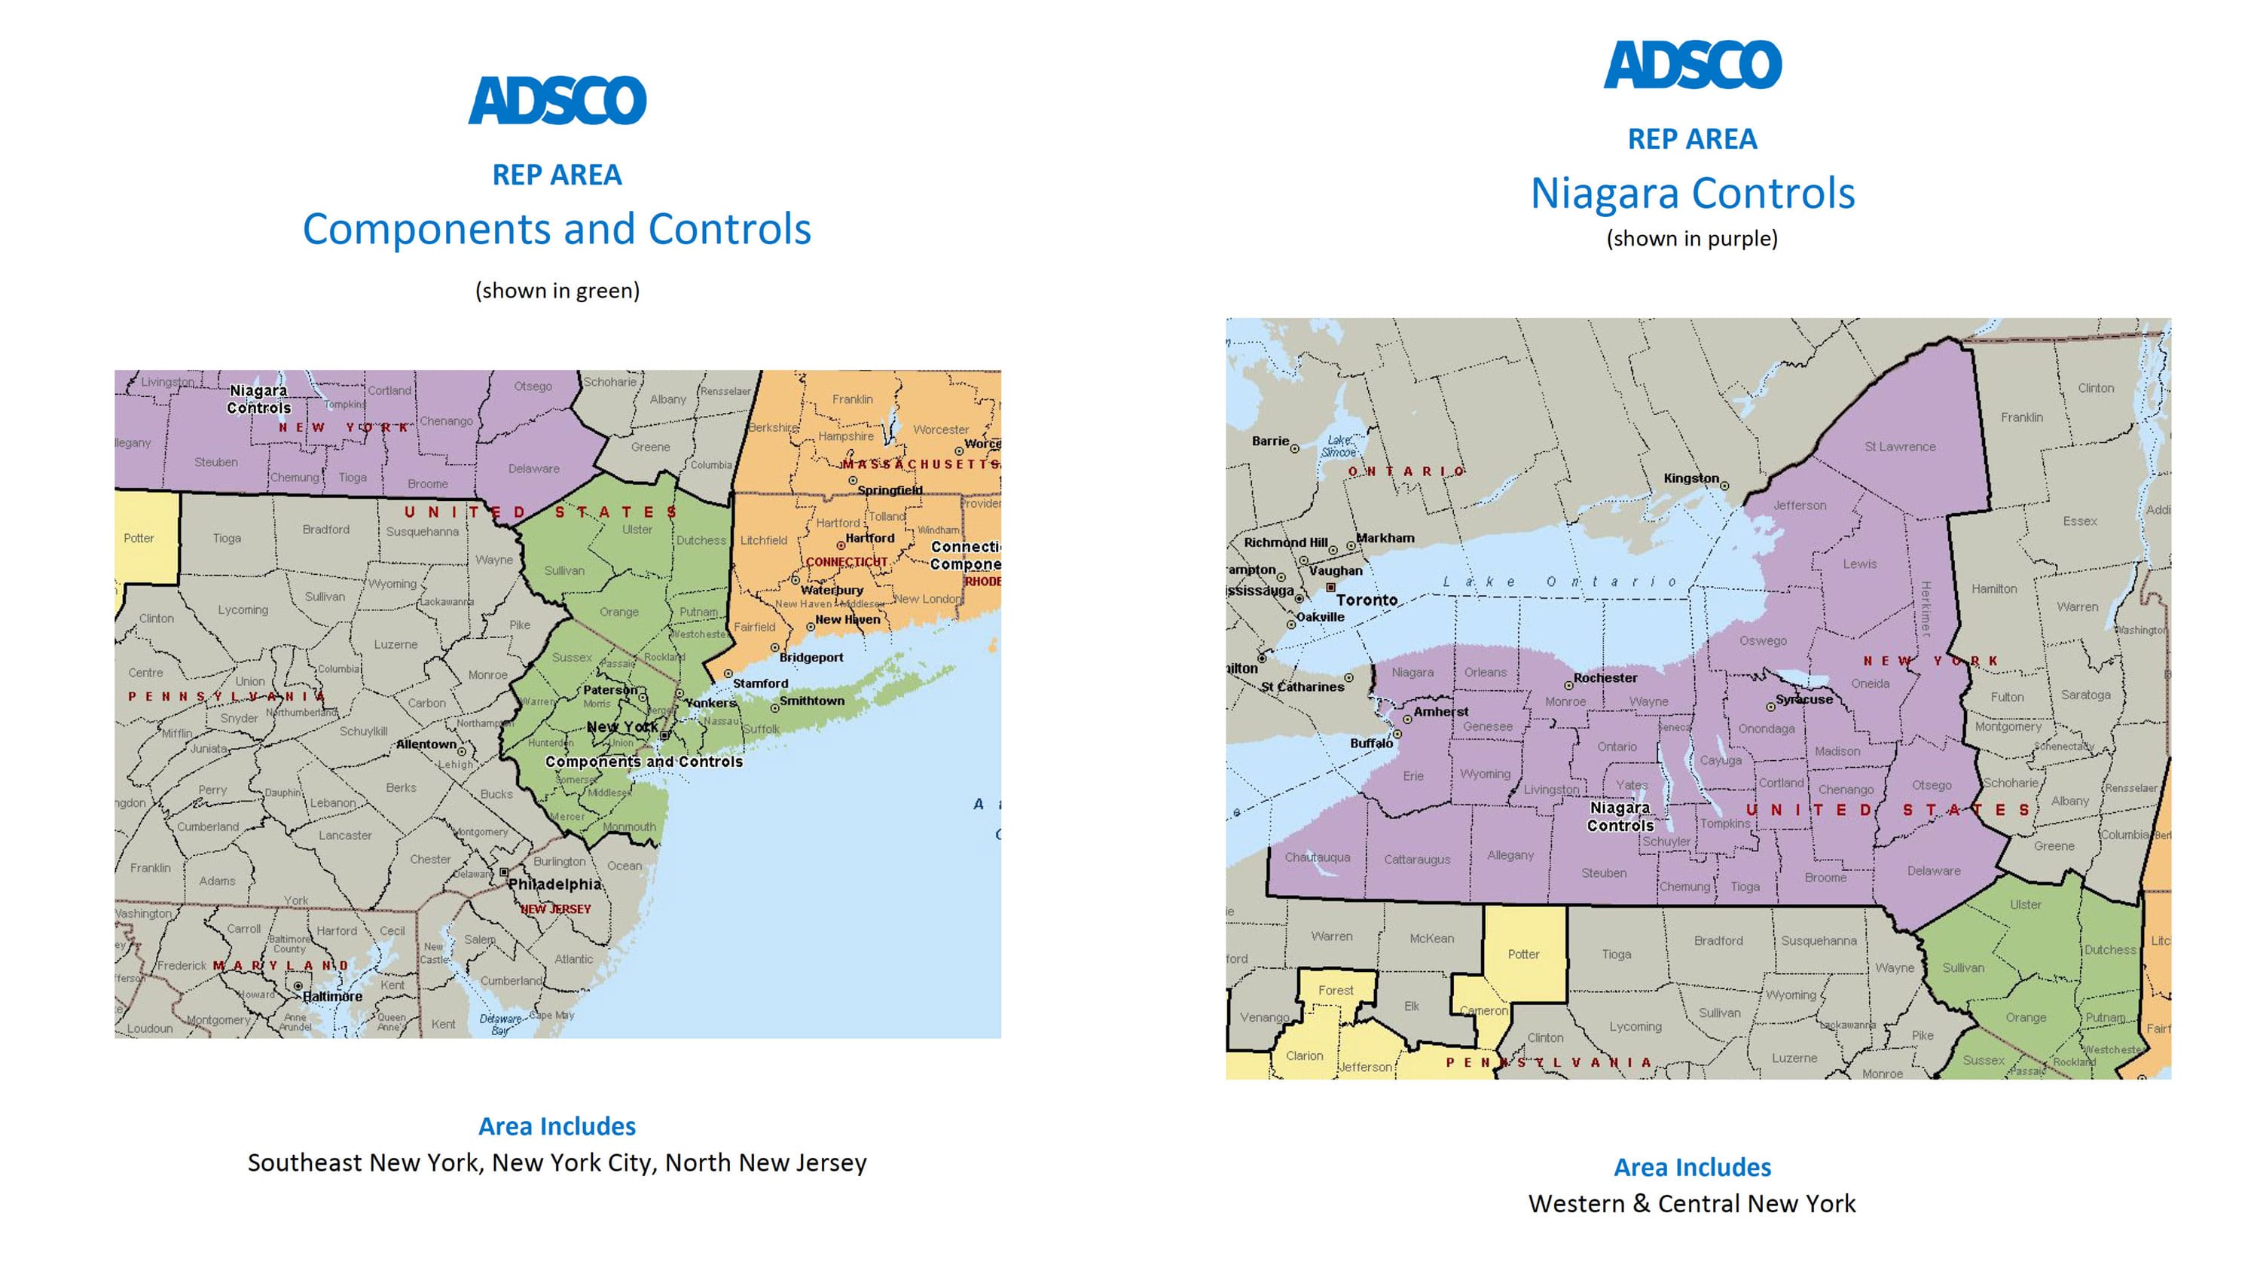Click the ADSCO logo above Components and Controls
(x=557, y=100)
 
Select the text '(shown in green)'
(x=557, y=291)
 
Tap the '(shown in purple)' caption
(x=1691, y=239)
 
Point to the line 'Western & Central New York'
(x=1691, y=1203)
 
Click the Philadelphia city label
(x=554, y=884)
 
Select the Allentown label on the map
(x=426, y=744)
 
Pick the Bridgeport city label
(x=811, y=658)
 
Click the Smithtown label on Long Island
(x=811, y=701)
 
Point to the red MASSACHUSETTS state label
(x=919, y=463)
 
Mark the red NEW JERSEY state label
(x=556, y=909)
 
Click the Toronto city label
(x=1366, y=600)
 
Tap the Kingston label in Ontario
(x=1690, y=478)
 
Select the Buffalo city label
(x=1370, y=744)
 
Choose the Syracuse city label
(x=1803, y=699)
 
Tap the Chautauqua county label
(x=1317, y=857)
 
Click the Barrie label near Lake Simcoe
(x=1269, y=441)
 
